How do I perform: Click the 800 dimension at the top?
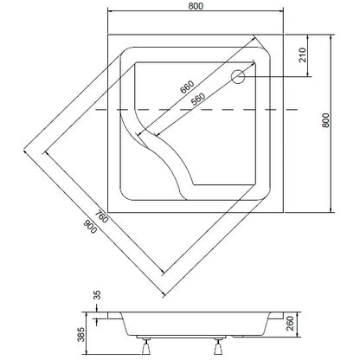click(x=196, y=6)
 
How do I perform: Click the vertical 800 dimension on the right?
click(x=325, y=120)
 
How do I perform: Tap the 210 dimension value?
click(x=303, y=55)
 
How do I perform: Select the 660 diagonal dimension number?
click(x=187, y=87)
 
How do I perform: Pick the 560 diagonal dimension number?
click(x=198, y=99)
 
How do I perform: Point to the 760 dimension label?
click(x=101, y=217)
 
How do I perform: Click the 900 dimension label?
click(x=90, y=227)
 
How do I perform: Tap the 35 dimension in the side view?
click(x=98, y=295)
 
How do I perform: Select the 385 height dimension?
click(x=81, y=335)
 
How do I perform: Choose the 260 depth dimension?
click(x=290, y=324)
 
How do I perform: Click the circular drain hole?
click(x=238, y=77)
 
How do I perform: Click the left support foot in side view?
click(x=146, y=347)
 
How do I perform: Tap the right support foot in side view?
click(x=218, y=347)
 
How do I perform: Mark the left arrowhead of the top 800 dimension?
click(x=110, y=11)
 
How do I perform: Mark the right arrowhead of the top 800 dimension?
click(x=281, y=11)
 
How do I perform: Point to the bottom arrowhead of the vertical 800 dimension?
click(x=331, y=209)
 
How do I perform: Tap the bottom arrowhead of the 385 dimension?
click(x=86, y=352)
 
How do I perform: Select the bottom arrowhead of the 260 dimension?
click(x=299, y=334)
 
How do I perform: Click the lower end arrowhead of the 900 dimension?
click(x=164, y=293)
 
